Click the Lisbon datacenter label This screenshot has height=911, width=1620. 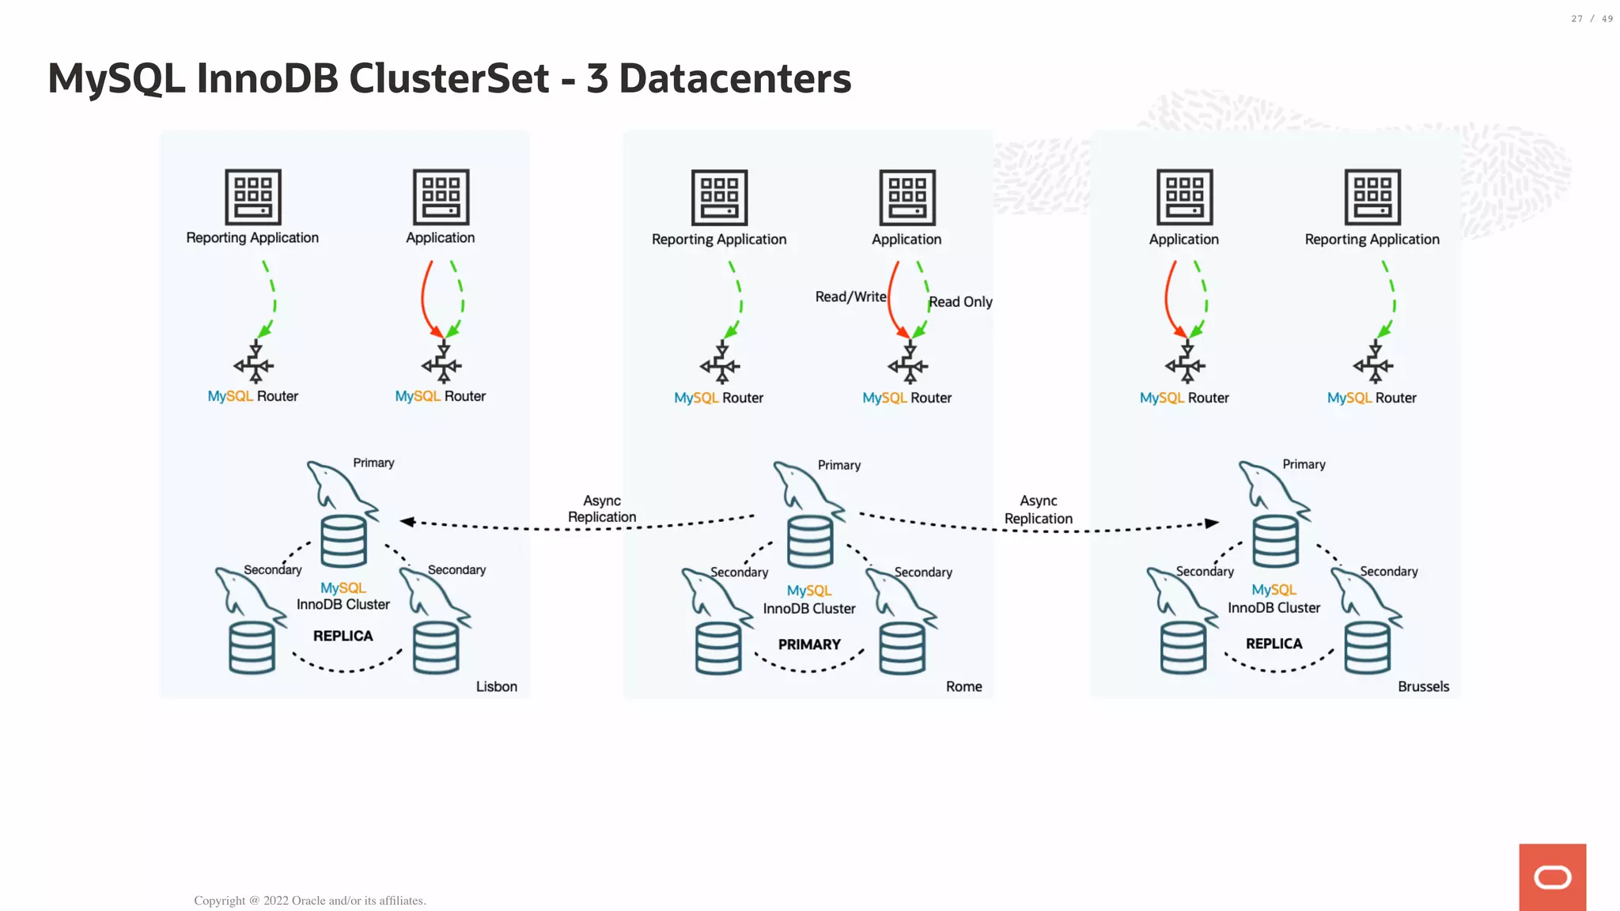[x=496, y=686]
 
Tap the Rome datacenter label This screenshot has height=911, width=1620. [x=963, y=686]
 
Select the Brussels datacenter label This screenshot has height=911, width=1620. [x=1422, y=686]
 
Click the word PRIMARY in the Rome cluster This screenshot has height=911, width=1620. [x=809, y=645]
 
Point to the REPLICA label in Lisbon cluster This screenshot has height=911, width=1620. [x=343, y=636]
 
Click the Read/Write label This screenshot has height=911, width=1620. [x=850, y=297]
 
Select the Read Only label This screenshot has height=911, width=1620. [x=960, y=302]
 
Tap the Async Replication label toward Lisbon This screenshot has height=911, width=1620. [x=601, y=509]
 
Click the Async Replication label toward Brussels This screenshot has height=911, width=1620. [x=1038, y=510]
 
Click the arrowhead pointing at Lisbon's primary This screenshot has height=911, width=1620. [x=407, y=521]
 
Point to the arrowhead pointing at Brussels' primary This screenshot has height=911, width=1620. [x=1211, y=523]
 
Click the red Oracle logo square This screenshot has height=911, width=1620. [x=1552, y=877]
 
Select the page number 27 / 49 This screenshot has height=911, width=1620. [x=1592, y=19]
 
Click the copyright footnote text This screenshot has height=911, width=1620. [x=310, y=901]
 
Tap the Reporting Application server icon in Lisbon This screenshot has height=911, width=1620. [x=253, y=197]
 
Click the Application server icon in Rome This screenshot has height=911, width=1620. [x=907, y=198]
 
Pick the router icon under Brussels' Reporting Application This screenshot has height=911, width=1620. [x=1372, y=363]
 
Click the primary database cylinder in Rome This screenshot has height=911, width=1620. [x=810, y=542]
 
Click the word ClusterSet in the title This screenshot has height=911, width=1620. [x=449, y=78]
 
